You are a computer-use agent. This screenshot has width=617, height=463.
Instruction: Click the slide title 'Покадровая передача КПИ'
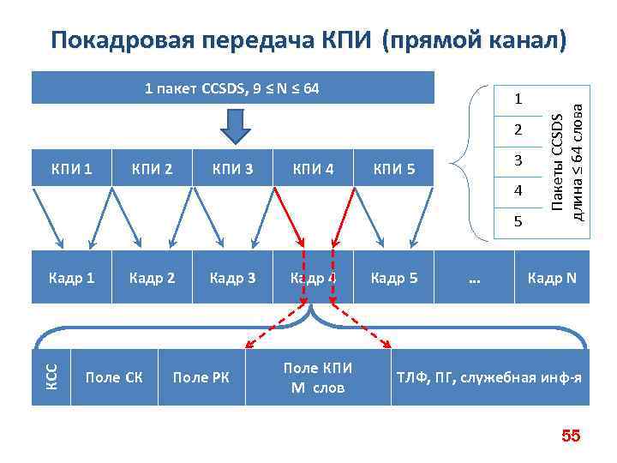pyautogui.click(x=308, y=39)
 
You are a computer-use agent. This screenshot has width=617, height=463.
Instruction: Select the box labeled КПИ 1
pyautogui.click(x=72, y=168)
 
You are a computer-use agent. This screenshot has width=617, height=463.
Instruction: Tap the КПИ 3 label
pyautogui.click(x=232, y=168)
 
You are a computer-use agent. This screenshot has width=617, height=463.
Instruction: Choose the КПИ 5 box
pyautogui.click(x=393, y=168)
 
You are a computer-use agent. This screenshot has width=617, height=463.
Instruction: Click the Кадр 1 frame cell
pyautogui.click(x=72, y=278)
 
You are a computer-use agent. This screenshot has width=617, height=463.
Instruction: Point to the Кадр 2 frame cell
pyautogui.click(x=152, y=278)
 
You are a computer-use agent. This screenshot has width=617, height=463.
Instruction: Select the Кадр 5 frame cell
pyautogui.click(x=393, y=278)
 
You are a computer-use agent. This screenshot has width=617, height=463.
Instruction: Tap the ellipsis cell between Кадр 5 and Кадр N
pyautogui.click(x=474, y=278)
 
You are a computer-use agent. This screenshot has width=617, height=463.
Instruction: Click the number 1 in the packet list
pyautogui.click(x=518, y=100)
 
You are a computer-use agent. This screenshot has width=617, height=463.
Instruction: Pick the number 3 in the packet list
pyautogui.click(x=518, y=160)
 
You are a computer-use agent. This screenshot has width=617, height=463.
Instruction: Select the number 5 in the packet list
pyautogui.click(x=518, y=221)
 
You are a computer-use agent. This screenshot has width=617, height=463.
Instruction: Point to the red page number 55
pyautogui.click(x=571, y=437)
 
